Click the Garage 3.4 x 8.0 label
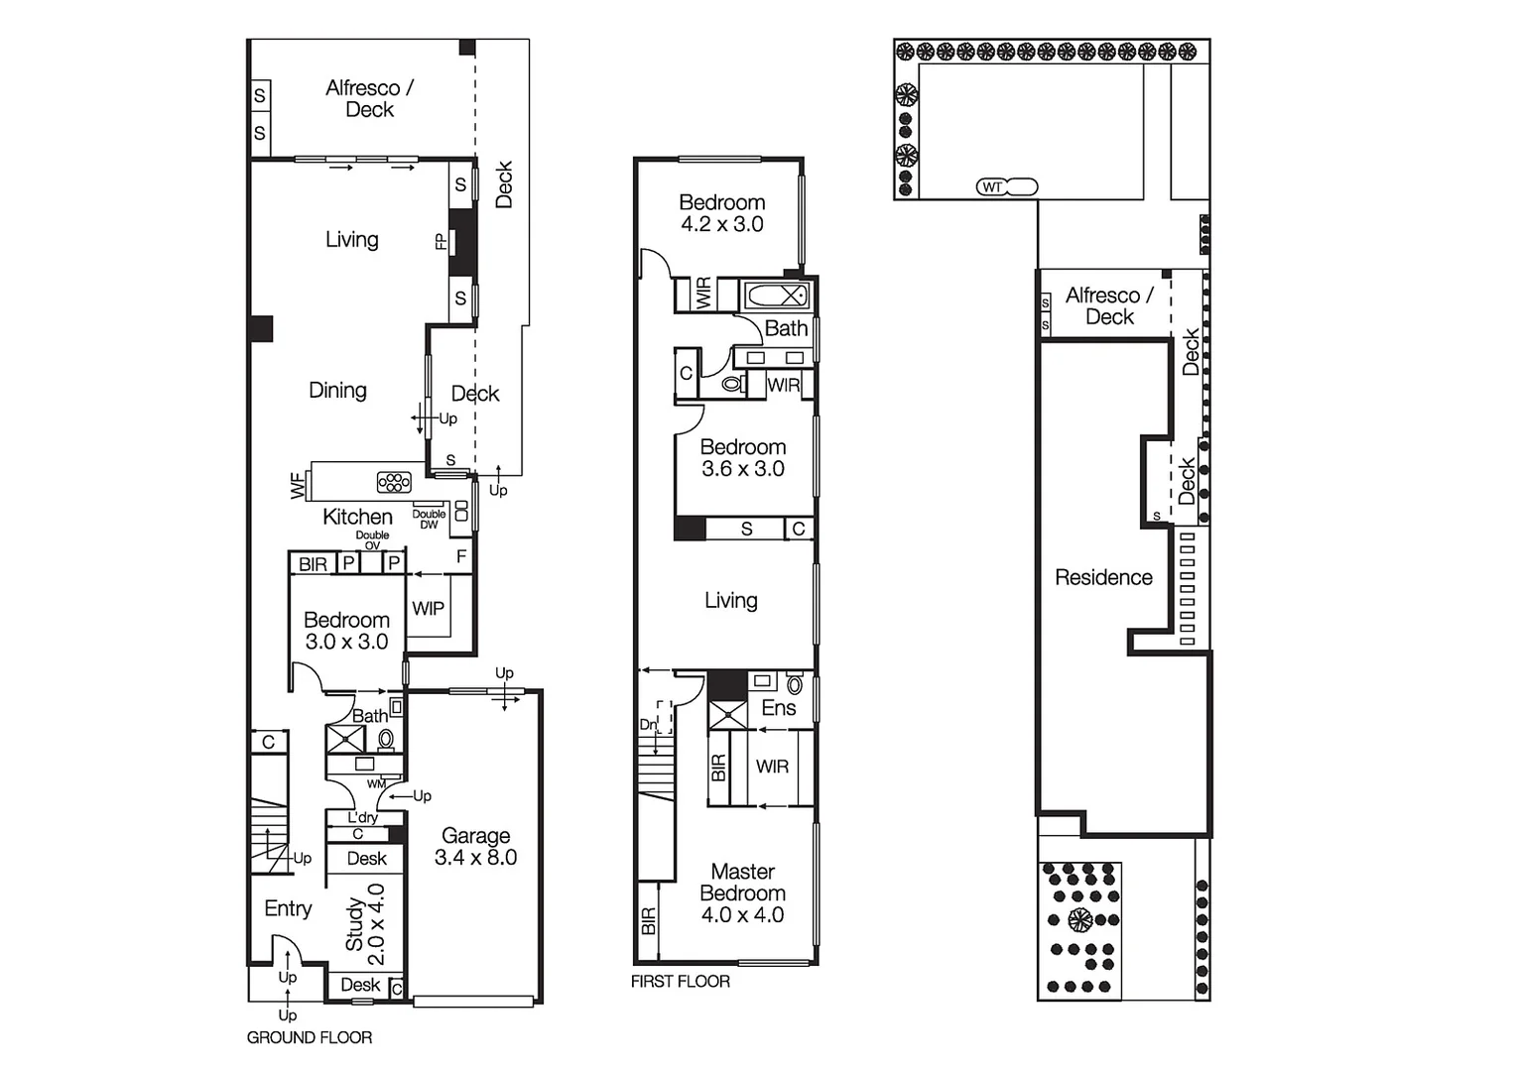pyautogui.click(x=475, y=847)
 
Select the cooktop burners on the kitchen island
pyautogui.click(x=394, y=482)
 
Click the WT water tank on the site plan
pyautogui.click(x=992, y=186)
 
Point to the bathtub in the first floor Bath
pyautogui.click(x=776, y=296)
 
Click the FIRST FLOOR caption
pyautogui.click(x=680, y=981)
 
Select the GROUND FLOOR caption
pyautogui.click(x=310, y=1037)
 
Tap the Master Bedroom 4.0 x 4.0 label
pyautogui.click(x=742, y=892)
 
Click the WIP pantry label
pyautogui.click(x=428, y=608)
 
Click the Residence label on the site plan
pyautogui.click(x=1103, y=577)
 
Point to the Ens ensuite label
pyautogui.click(x=778, y=707)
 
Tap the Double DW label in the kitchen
pyautogui.click(x=429, y=519)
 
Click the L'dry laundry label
pyautogui.click(x=362, y=817)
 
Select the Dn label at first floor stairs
pyautogui.click(x=647, y=725)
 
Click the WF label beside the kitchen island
pyautogui.click(x=298, y=486)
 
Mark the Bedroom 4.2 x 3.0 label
pyautogui.click(x=721, y=213)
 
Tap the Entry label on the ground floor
pyautogui.click(x=288, y=908)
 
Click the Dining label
pyautogui.click(x=337, y=390)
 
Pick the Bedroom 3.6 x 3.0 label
pyautogui.click(x=742, y=457)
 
